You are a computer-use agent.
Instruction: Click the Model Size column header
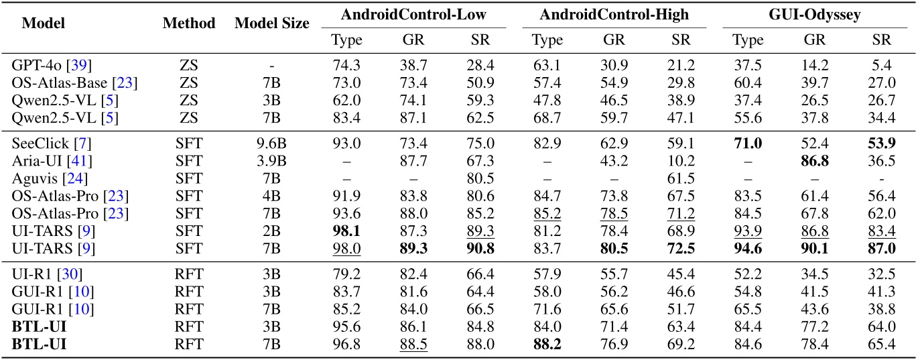[272, 23]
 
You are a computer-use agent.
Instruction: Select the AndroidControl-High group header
[614, 14]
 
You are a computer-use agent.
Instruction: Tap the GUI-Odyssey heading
[815, 14]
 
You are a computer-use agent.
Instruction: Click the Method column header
[189, 23]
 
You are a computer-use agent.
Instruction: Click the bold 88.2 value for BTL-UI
[547, 345]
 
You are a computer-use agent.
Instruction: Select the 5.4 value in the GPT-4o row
[882, 65]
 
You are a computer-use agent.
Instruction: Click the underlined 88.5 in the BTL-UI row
[413, 345]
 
